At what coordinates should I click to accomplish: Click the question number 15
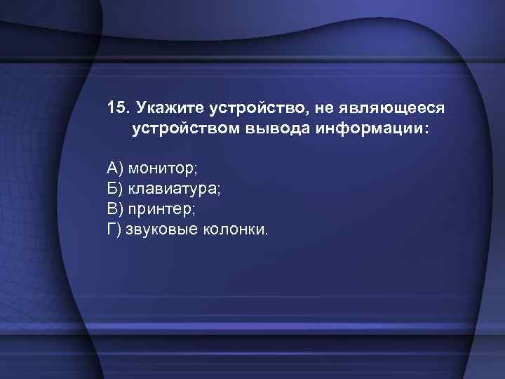(118, 109)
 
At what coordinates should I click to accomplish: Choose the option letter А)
(115, 168)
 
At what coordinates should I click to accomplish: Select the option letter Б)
(115, 188)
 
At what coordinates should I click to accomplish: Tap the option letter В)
(115, 208)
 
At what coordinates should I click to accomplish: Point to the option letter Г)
(115, 229)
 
